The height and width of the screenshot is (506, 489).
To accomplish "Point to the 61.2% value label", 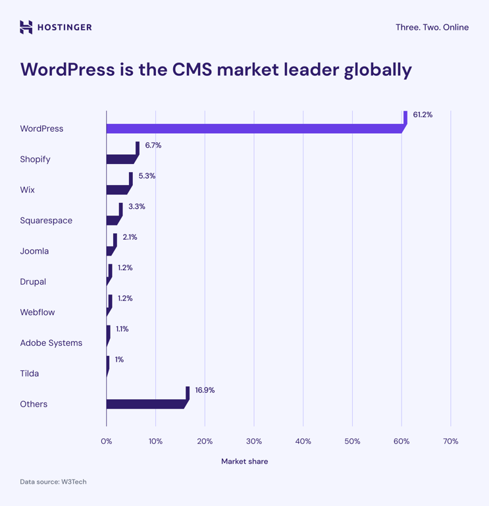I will click(423, 115).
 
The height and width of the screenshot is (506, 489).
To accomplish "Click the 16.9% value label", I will click(205, 390).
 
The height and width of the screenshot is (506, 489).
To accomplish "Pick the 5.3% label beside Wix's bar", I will click(147, 176).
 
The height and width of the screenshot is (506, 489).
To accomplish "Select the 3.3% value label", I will click(137, 206).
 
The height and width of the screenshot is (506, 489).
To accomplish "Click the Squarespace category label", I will click(46, 220).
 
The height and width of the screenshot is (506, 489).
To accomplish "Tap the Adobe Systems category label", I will click(51, 343).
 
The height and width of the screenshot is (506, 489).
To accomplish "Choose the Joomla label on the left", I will click(34, 251).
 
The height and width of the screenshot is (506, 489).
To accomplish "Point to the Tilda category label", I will click(30, 374).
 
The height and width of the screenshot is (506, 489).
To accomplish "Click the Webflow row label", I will click(38, 312).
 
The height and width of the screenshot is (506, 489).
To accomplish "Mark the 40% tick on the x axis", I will click(303, 441).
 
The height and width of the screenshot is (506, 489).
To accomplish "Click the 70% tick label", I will click(451, 441).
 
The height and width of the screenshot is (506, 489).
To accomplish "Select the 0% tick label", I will click(107, 441).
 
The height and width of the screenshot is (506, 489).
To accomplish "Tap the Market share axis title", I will click(244, 461).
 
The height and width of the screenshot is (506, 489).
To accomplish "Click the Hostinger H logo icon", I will click(26, 27).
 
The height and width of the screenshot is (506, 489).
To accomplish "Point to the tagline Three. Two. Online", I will click(432, 27).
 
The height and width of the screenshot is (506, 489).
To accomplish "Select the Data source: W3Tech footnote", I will click(53, 482).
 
